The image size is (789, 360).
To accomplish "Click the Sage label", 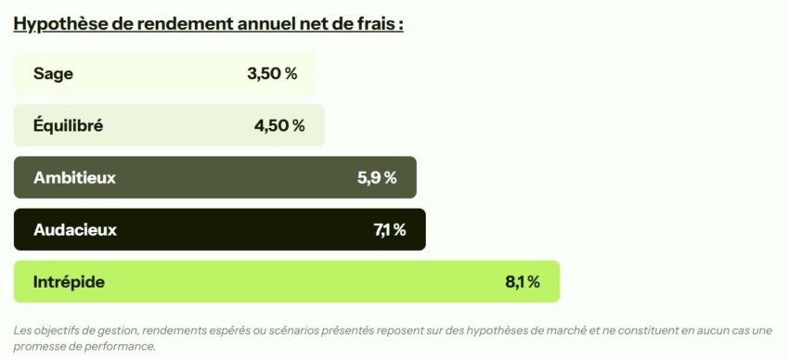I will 53,74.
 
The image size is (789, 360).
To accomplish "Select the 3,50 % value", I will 272,74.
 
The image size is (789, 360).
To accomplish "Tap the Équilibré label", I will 68,126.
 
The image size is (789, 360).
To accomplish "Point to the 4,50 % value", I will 279,126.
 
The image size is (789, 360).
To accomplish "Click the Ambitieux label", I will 74,178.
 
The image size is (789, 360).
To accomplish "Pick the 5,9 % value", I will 377,178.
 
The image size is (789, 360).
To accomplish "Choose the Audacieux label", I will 75,230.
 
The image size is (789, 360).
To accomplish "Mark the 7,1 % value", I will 390,230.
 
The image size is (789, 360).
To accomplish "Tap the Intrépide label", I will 69,282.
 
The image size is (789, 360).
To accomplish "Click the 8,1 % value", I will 523,282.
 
